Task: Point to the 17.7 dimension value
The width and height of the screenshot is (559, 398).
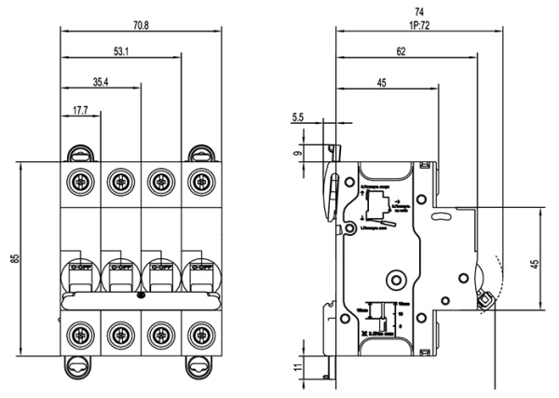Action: pyautogui.click(x=81, y=113)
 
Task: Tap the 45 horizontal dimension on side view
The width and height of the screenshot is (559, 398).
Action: pyautogui.click(x=382, y=83)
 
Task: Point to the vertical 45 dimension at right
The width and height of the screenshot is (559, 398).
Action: pyautogui.click(x=534, y=265)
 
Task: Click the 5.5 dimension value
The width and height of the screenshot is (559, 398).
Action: pyautogui.click(x=297, y=117)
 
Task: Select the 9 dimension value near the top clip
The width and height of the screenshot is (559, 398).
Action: pyautogui.click(x=297, y=155)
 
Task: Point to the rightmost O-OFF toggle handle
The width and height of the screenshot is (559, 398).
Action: pyautogui.click(x=198, y=274)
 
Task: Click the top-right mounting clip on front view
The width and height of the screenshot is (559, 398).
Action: pyautogui.click(x=198, y=152)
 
